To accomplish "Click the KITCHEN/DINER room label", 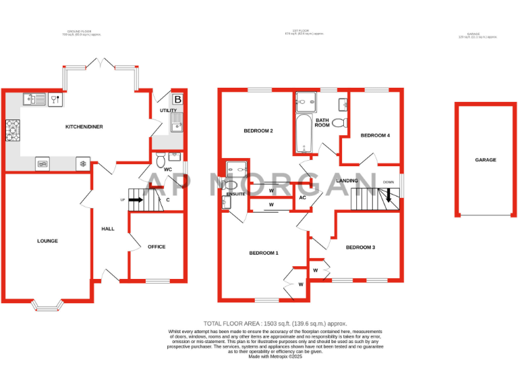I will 84,127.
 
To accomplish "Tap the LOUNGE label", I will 47,241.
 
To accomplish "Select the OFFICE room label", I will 156,247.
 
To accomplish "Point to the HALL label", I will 108,229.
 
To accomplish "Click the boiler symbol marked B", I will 177,100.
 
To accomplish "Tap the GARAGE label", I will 485,160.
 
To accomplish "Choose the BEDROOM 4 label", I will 375,136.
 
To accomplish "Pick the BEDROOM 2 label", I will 258,131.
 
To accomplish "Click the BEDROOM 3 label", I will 360,248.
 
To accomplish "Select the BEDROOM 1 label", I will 264,253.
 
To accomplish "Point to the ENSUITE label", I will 236,194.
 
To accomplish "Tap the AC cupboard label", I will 302,197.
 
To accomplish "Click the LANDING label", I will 347,181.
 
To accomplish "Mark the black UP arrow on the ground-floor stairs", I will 135,200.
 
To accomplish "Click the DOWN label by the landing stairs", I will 388,182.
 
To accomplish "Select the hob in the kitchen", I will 13,130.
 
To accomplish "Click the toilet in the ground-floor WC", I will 160,159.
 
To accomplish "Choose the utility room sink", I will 177,124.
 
